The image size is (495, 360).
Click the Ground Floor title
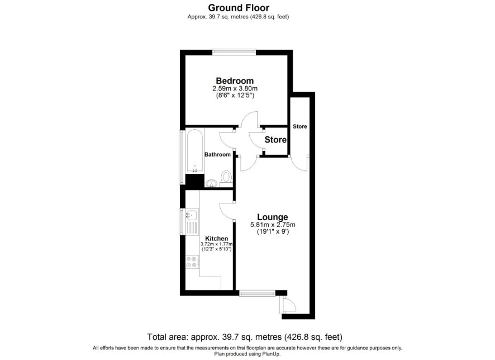(x=239, y=8)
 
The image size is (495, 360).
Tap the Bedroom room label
(x=235, y=81)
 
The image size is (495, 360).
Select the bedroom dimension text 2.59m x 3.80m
(x=235, y=88)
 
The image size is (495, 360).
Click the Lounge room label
(x=273, y=217)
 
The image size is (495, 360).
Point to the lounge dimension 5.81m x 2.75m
(x=273, y=225)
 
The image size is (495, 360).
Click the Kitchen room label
(x=217, y=239)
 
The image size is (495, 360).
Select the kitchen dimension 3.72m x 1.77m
(x=217, y=244)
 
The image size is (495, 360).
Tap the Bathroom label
(x=217, y=154)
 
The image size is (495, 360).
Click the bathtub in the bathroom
(x=194, y=152)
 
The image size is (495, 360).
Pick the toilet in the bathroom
(x=226, y=177)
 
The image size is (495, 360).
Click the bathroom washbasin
(x=211, y=183)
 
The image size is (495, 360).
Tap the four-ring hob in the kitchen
(x=192, y=262)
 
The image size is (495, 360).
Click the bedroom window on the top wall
(x=234, y=52)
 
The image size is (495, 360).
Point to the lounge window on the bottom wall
(x=258, y=293)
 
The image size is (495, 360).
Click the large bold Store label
(x=275, y=140)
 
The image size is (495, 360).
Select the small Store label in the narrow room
(x=300, y=126)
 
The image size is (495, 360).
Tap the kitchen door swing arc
(x=225, y=210)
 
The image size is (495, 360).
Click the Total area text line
(x=245, y=337)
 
